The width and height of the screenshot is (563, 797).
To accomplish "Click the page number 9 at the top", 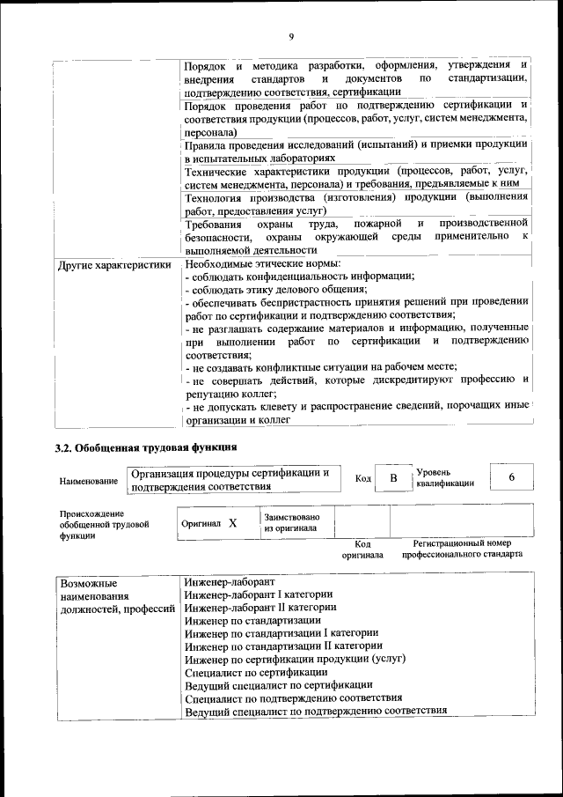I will (290, 36).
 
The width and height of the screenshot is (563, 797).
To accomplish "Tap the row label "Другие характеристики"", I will (113, 264).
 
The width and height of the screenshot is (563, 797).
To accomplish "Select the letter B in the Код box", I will (393, 478).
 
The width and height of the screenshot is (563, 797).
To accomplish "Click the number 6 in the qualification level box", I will (511, 477).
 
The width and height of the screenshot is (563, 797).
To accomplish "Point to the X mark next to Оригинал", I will (233, 523).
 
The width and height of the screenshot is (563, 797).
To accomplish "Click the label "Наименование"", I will (89, 482).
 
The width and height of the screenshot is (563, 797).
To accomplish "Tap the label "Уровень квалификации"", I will (446, 477).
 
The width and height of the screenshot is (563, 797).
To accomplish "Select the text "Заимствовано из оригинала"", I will (291, 522).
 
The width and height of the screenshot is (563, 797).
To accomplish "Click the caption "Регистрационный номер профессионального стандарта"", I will (462, 550).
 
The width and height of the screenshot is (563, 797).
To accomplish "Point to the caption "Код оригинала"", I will (362, 550).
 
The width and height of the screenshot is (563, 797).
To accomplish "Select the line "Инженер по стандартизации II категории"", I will (283, 646).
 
